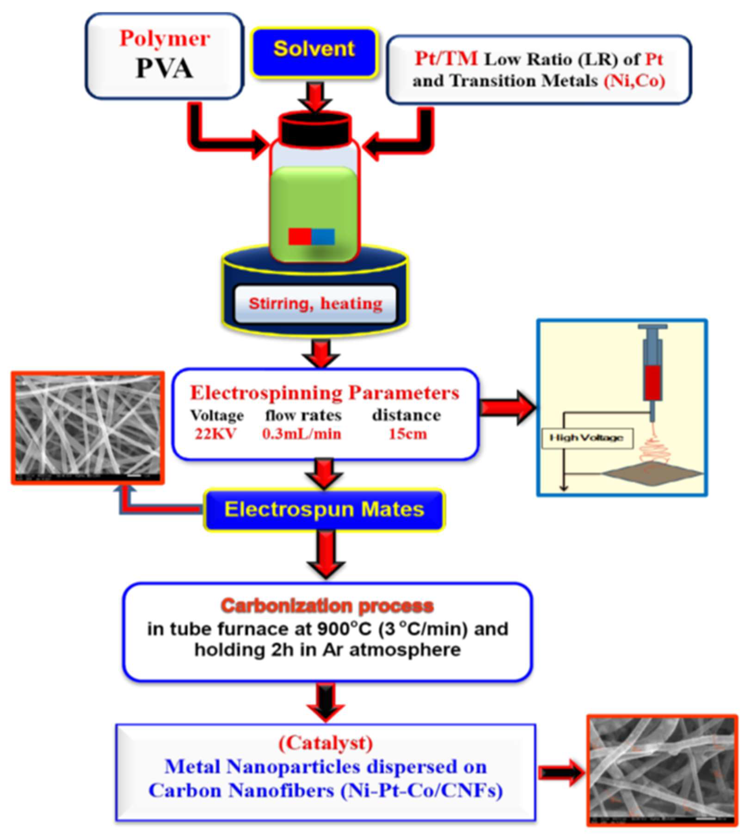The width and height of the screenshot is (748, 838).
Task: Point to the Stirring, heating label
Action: tap(315, 304)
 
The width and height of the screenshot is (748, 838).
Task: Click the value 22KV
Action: tap(215, 434)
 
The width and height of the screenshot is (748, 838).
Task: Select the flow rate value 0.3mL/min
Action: tap(302, 434)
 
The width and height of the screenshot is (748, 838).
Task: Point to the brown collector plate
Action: tap(653, 473)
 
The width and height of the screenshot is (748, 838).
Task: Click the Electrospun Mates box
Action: tap(324, 509)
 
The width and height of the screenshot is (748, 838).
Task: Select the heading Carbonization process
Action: tap(327, 606)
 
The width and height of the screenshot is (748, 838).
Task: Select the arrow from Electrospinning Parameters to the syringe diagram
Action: tap(508, 408)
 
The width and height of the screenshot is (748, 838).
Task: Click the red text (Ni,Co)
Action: tap(634, 80)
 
